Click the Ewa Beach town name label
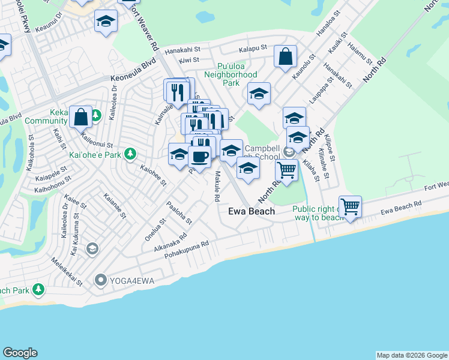(252, 211)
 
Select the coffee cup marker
(199, 158)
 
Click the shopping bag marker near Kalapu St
(286, 57)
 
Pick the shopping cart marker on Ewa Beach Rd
(350, 207)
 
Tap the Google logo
(20, 353)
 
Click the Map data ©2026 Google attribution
(411, 355)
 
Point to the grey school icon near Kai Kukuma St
(92, 248)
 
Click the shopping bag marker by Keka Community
(80, 117)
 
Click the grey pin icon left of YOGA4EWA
(101, 280)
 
